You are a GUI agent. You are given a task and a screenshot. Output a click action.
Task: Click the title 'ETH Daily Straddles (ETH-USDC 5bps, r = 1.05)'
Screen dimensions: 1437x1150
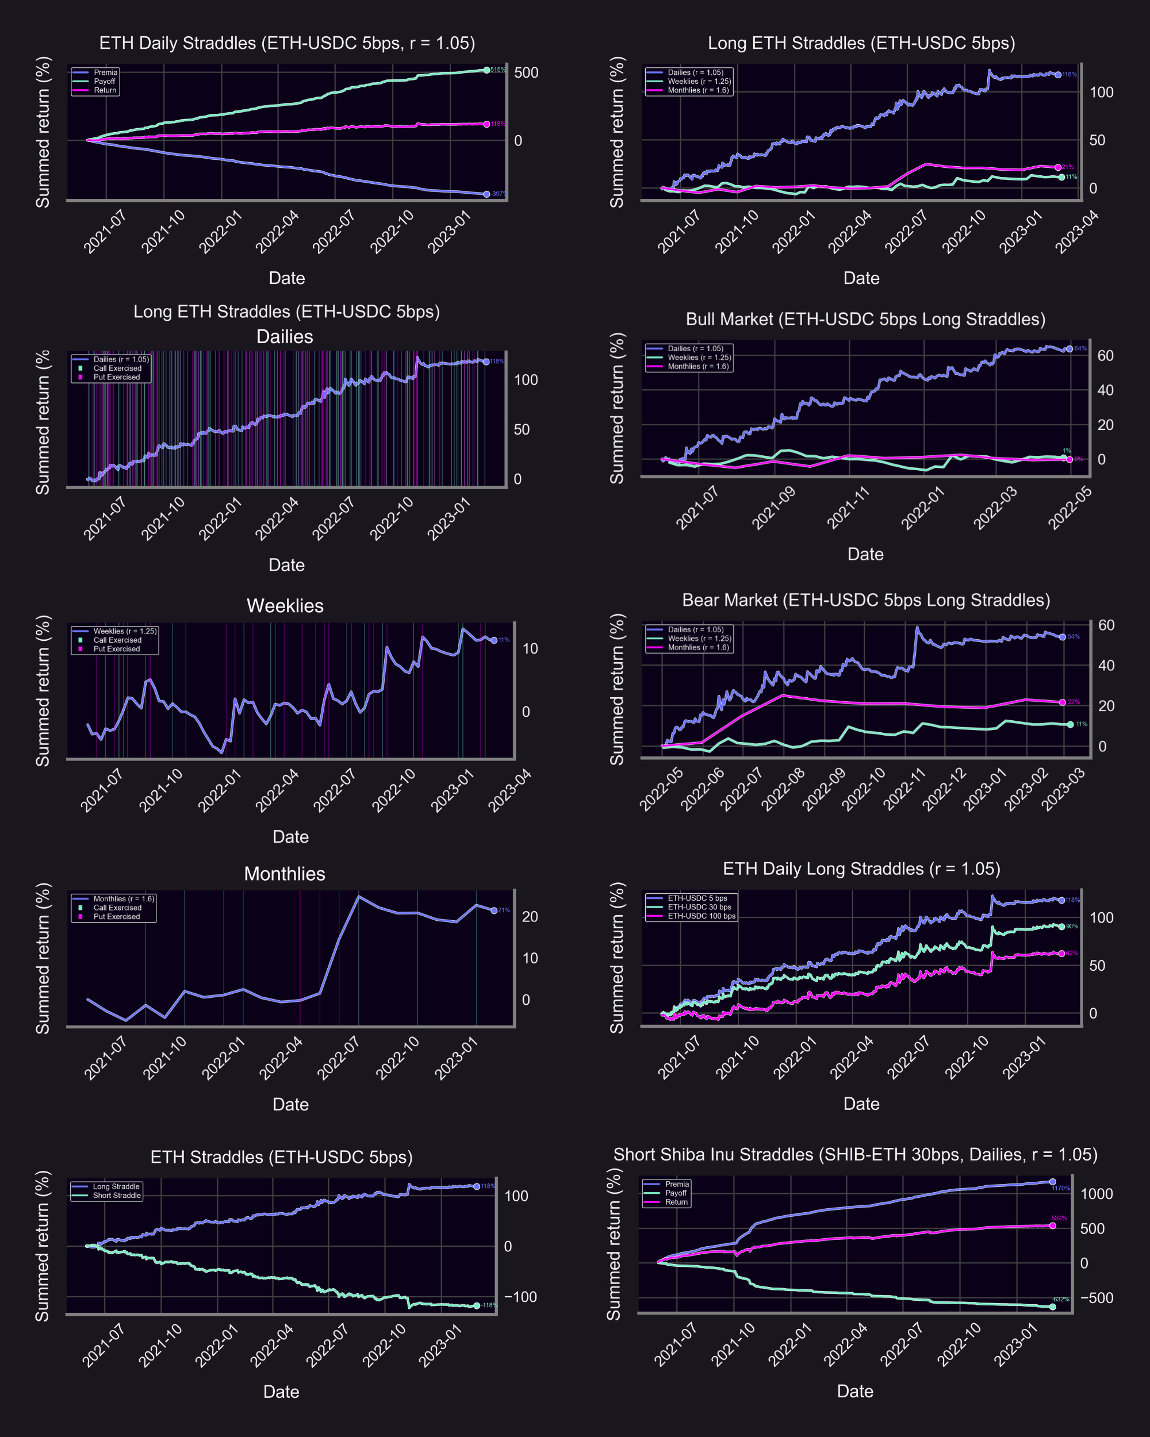click(287, 43)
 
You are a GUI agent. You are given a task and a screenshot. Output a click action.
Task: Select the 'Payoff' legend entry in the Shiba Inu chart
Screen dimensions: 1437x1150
click(675, 1193)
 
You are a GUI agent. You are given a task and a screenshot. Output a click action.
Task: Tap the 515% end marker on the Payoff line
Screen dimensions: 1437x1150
click(486, 70)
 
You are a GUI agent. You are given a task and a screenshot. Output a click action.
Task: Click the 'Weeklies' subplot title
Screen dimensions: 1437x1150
click(285, 606)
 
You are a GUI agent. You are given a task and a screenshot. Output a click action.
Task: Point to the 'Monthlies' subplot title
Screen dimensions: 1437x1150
click(285, 874)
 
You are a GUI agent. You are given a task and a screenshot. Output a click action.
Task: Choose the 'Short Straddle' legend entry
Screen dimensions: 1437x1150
click(117, 1195)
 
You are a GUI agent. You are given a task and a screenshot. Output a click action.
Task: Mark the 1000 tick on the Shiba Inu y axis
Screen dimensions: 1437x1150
click(1097, 1194)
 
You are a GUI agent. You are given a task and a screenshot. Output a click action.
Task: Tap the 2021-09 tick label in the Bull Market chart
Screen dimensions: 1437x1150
click(773, 509)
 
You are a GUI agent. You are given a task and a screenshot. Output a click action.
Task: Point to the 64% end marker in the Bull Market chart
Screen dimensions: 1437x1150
click(1069, 348)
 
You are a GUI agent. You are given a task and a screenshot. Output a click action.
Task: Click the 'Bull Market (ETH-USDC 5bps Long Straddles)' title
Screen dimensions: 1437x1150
click(865, 319)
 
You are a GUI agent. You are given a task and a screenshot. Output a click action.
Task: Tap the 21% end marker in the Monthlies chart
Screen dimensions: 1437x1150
click(494, 910)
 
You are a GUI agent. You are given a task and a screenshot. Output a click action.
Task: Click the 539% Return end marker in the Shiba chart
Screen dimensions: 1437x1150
click(1053, 1225)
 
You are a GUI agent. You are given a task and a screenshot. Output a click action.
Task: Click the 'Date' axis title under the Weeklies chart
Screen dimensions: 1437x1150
click(291, 836)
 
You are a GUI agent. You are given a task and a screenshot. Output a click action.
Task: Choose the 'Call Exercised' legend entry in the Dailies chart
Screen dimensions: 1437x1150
click(117, 368)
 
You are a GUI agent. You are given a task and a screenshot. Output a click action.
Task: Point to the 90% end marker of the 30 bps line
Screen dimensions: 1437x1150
click(1062, 927)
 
